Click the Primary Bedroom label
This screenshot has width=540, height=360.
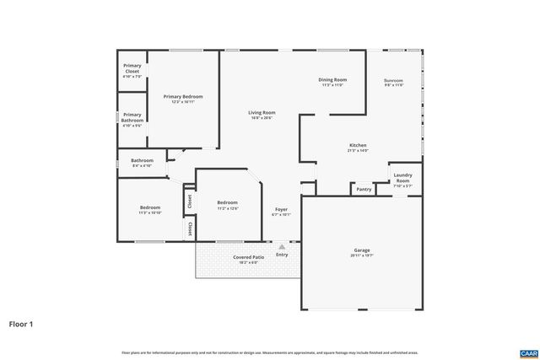(x=182, y=97)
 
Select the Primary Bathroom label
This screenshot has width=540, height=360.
(x=132, y=116)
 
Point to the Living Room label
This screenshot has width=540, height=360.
(x=262, y=113)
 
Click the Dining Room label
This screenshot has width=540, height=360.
(x=333, y=80)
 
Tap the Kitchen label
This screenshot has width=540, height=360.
(x=358, y=146)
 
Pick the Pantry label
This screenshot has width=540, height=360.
(x=364, y=190)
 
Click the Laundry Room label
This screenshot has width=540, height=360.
(x=402, y=179)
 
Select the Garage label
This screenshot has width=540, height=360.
(x=362, y=251)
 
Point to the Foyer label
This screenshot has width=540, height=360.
(x=281, y=210)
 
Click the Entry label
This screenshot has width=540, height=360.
(x=281, y=255)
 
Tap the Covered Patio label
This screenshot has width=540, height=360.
(x=248, y=257)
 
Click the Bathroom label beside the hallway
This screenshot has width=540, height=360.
(x=142, y=160)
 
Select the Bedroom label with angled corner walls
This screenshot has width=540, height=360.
(x=227, y=202)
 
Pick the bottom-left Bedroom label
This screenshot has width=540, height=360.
(x=149, y=207)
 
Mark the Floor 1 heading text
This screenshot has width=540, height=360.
(x=21, y=323)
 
